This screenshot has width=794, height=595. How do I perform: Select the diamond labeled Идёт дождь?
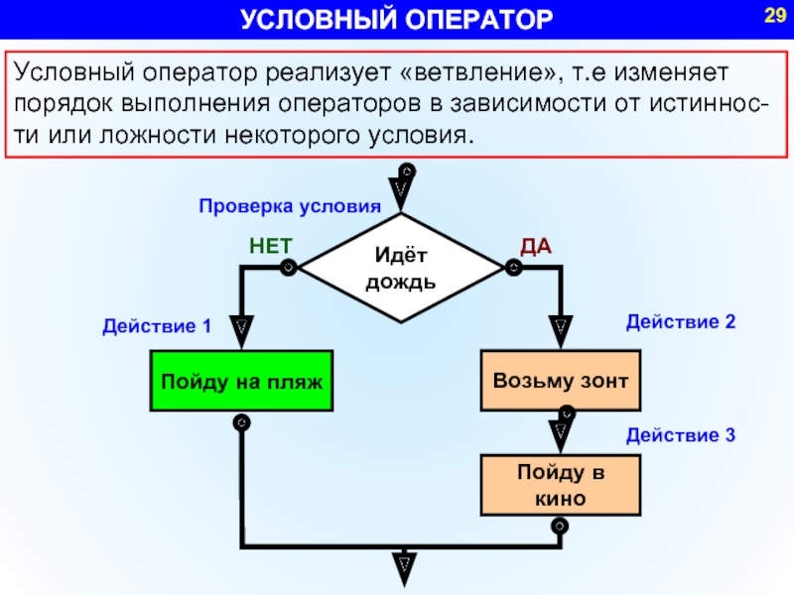pos(400,268)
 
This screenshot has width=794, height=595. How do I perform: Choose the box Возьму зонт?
pos(561,381)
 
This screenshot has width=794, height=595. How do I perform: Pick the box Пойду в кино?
pos(561,485)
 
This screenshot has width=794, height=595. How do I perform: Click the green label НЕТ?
pos(270,246)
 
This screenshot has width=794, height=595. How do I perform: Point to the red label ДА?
pos(536,246)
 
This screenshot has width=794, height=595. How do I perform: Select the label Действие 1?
pos(157,325)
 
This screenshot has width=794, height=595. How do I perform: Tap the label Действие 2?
pos(680,321)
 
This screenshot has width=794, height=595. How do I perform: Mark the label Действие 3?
pos(680,434)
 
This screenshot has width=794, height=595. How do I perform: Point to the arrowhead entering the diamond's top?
pos(401,188)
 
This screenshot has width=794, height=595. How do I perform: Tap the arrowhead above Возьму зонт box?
pos(561,325)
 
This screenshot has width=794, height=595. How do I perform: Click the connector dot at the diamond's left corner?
pos(287,267)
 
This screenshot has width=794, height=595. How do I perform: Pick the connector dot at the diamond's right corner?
pos(513,267)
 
